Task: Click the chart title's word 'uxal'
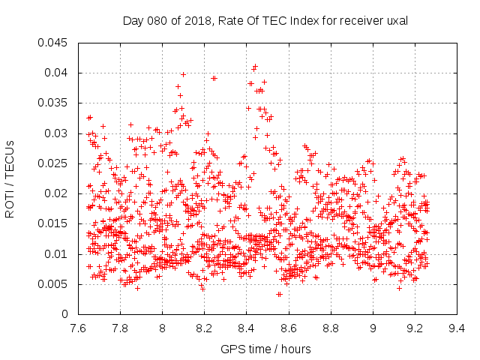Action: pos(397,21)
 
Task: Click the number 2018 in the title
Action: pos(198,21)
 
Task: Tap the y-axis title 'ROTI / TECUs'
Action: pos(10,179)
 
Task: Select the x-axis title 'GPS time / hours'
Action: pos(265,349)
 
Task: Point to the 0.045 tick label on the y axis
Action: pos(52,43)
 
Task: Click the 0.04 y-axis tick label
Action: pos(55,73)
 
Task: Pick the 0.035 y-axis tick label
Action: pos(52,103)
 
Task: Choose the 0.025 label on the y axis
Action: pos(52,163)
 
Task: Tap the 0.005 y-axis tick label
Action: pos(52,284)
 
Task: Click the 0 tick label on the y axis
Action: pos(64,314)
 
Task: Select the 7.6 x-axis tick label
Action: pos(78,328)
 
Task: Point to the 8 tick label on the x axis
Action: pos(162,328)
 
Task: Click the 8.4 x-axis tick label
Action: pos(247,328)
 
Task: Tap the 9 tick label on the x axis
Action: pos(373,328)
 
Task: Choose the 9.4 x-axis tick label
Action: pos(457,328)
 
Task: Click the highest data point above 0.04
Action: pos(255,67)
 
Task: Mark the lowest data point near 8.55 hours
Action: pos(278,295)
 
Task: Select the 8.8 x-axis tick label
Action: pos(331,328)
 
